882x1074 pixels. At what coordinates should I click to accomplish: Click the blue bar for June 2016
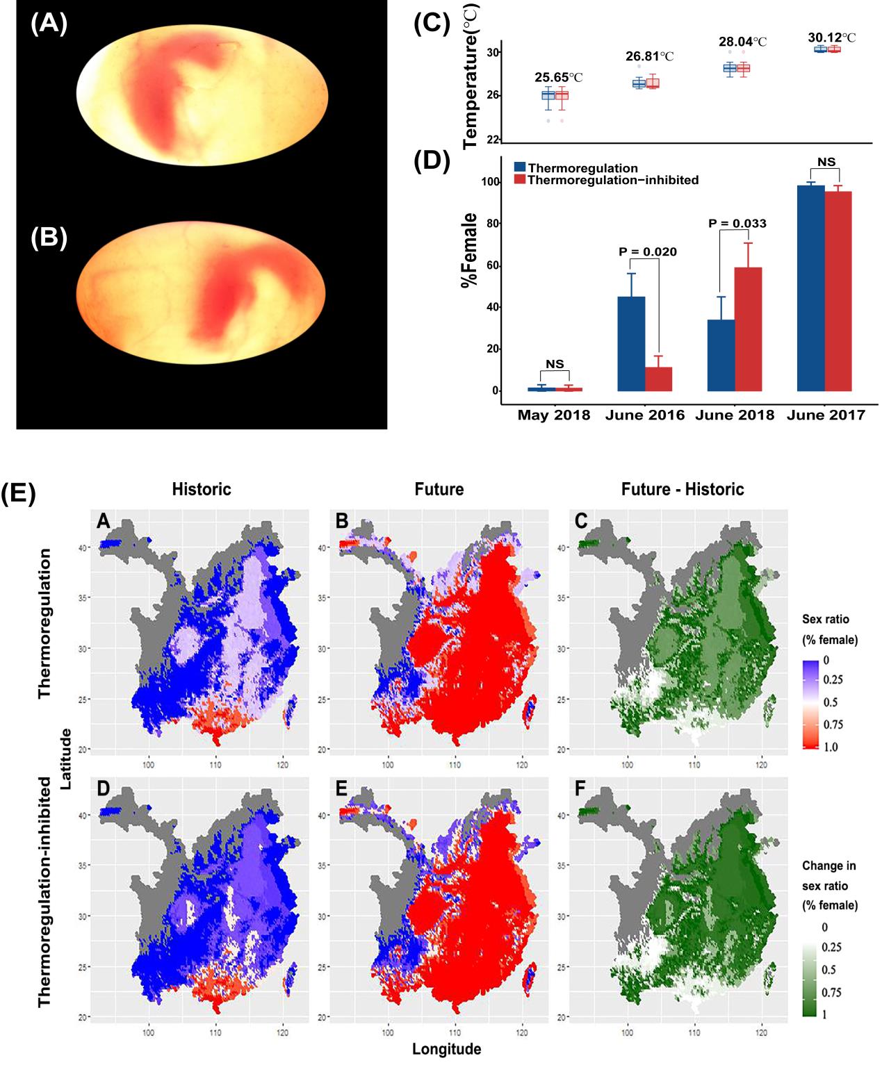click(x=631, y=344)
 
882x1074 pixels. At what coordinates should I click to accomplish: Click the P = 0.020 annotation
click(x=648, y=251)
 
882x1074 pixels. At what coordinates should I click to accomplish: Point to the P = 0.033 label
click(x=737, y=224)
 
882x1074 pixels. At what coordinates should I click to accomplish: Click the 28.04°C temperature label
click(x=742, y=42)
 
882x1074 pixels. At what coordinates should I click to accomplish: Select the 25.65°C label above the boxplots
click(x=558, y=77)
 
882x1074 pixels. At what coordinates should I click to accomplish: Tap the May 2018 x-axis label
click(x=554, y=415)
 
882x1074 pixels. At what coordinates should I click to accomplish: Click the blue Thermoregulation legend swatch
click(x=520, y=167)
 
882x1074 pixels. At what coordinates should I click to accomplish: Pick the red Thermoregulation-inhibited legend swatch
click(x=520, y=180)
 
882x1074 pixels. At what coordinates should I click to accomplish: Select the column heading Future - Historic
click(x=683, y=490)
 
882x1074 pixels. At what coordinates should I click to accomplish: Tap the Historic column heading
click(x=202, y=490)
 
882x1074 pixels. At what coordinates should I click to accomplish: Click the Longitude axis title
click(x=446, y=1049)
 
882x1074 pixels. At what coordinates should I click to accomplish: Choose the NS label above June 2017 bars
click(x=826, y=162)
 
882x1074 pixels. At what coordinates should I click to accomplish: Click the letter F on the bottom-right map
click(x=581, y=788)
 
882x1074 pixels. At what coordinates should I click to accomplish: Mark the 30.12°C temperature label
click(x=831, y=38)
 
